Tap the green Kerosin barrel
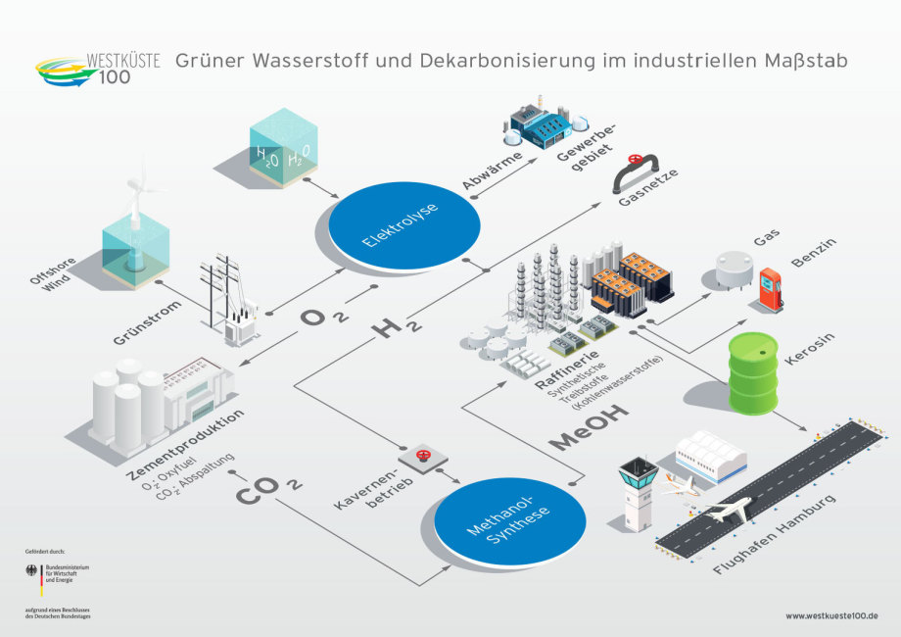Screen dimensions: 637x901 (752, 372)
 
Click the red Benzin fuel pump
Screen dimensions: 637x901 (771, 290)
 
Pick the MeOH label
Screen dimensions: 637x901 (590, 429)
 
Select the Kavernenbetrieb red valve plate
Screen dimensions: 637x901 (424, 457)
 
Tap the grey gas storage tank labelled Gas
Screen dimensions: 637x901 (733, 269)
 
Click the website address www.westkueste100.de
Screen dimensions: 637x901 (830, 616)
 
